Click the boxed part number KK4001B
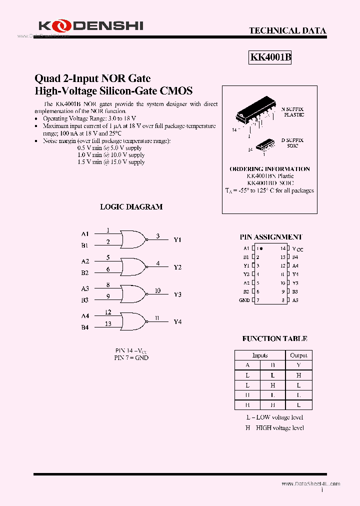click(270, 57)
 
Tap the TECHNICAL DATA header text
click(287, 30)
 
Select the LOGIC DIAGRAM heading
click(131, 206)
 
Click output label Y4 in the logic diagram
click(177, 321)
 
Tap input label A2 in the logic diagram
click(85, 261)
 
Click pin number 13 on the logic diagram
click(108, 324)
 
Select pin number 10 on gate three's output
click(157, 290)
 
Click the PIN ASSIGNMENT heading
click(271, 237)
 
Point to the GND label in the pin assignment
click(244, 300)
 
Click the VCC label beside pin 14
click(298, 248)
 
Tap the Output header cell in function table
click(298, 355)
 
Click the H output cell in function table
click(298, 375)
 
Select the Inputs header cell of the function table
click(260, 355)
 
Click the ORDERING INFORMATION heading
click(269, 169)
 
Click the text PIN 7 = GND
click(131, 357)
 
